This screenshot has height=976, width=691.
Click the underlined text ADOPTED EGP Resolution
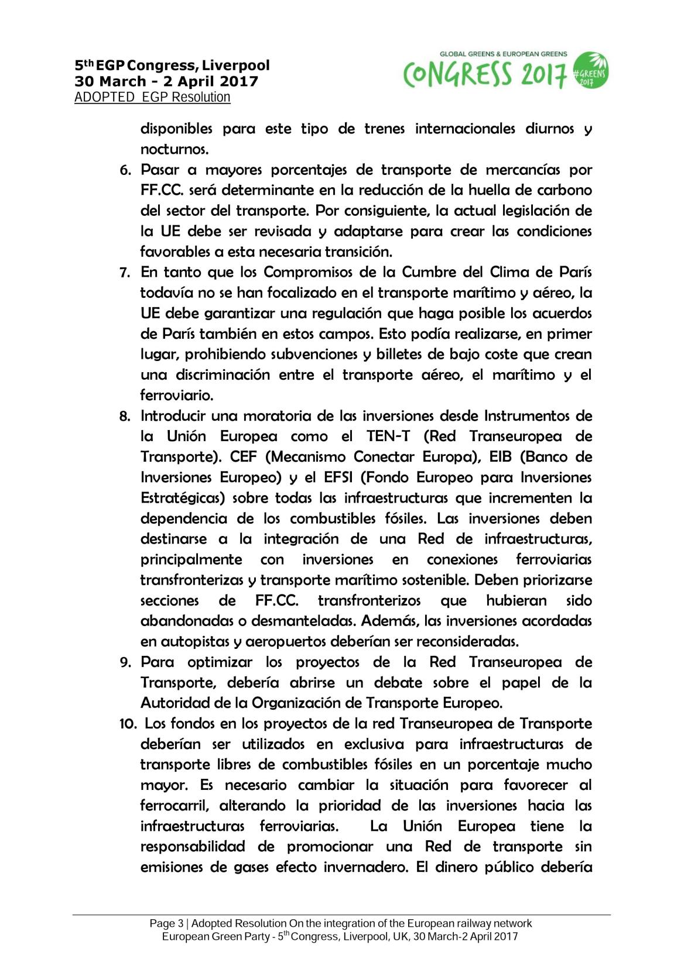152,97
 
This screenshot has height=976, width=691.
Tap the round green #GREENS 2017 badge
590,70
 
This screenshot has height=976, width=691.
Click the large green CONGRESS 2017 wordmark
485,74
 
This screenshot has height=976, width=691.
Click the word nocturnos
175,149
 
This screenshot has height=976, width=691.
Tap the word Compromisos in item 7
303,272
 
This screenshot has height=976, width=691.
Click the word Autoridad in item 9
173,703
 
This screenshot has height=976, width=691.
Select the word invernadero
362,867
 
